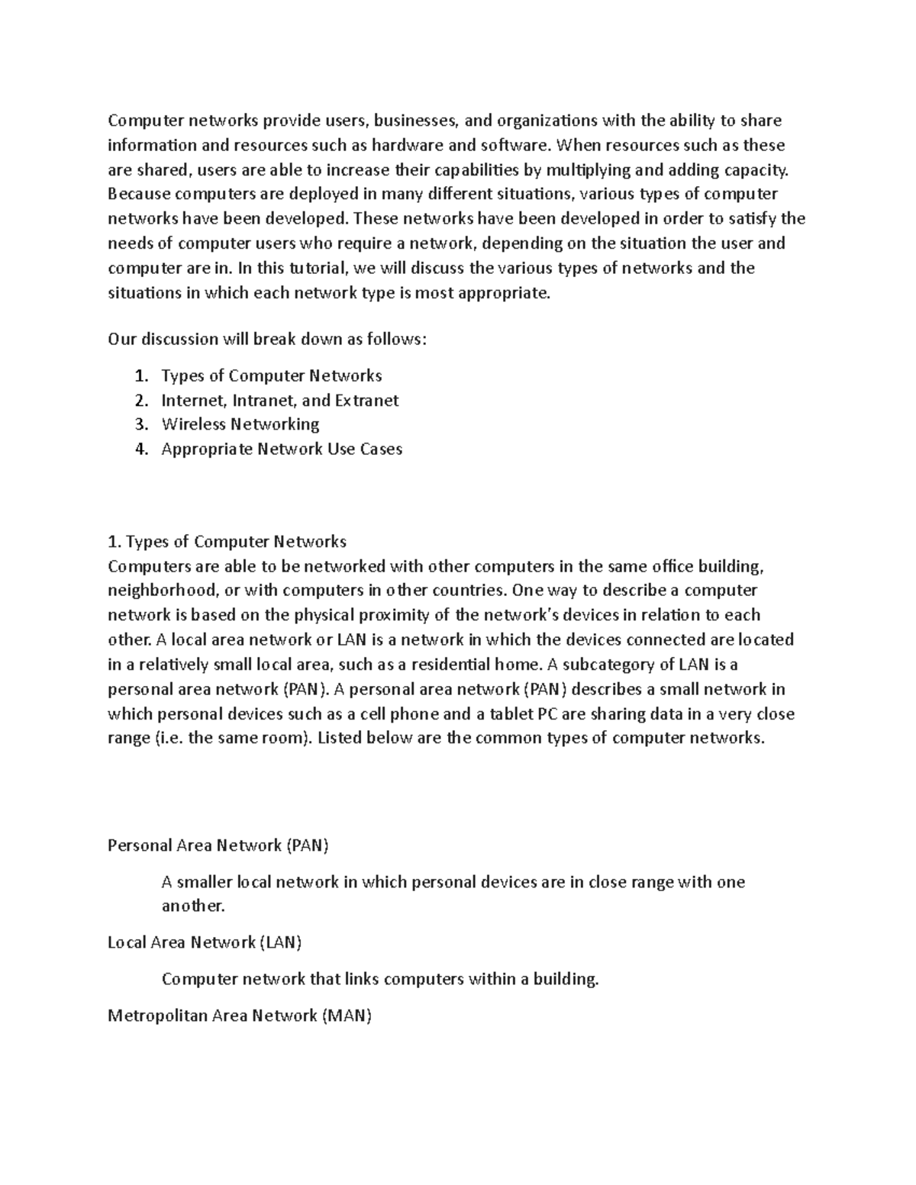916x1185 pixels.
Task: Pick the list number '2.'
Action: (140, 400)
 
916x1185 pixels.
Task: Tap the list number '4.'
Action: (140, 449)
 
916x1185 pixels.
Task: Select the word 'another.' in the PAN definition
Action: (194, 906)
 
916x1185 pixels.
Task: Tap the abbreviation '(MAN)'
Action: (347, 1016)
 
